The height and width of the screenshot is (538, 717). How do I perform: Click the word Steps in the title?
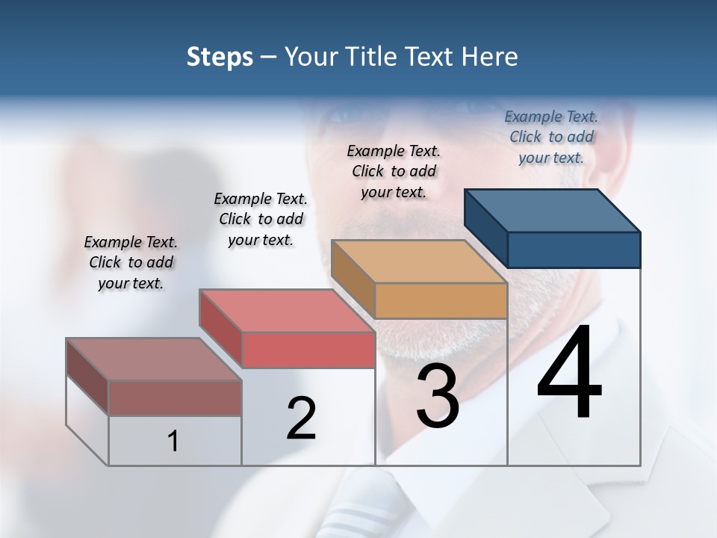tap(220, 57)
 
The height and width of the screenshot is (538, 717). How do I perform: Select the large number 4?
tap(569, 374)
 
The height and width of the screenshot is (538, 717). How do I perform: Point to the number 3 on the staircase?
tap(438, 396)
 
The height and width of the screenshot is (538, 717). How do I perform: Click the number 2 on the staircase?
tap(301, 418)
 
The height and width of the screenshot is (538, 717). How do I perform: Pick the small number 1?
tap(173, 441)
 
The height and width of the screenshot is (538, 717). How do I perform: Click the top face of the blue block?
tap(553, 211)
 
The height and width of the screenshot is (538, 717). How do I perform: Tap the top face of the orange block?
tap(420, 262)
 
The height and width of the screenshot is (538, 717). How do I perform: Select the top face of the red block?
tap(288, 311)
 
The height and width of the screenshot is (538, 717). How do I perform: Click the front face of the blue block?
tap(574, 250)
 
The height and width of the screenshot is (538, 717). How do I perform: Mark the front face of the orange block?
tap(441, 300)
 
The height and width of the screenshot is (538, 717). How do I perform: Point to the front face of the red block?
tap(308, 350)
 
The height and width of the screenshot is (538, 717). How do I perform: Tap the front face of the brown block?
tap(175, 398)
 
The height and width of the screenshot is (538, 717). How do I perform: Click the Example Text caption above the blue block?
tap(551, 137)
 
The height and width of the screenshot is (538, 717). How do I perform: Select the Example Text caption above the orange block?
tap(394, 171)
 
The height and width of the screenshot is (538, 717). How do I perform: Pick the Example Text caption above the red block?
tap(261, 219)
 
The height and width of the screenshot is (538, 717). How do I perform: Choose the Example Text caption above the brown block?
tap(131, 262)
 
